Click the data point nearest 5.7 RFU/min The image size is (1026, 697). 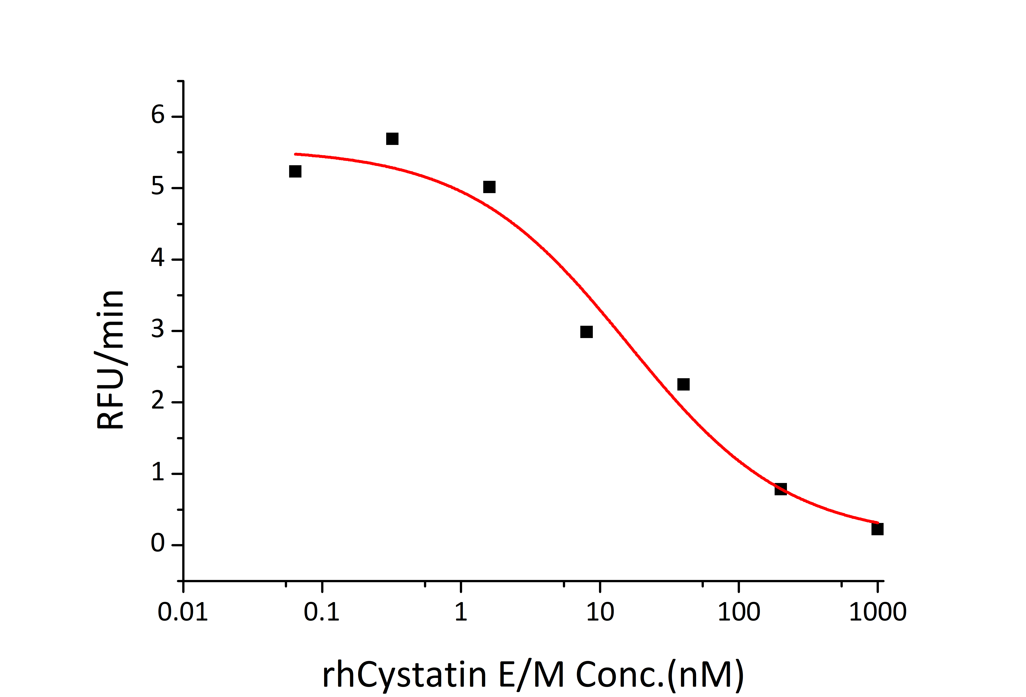pyautogui.click(x=392, y=139)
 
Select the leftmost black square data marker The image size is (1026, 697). pyautogui.click(x=295, y=171)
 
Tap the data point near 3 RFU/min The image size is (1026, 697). pyautogui.click(x=586, y=332)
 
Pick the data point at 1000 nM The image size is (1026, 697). pyautogui.click(x=877, y=529)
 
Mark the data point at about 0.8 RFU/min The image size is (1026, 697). pyautogui.click(x=781, y=489)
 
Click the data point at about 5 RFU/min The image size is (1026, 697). pyautogui.click(x=489, y=187)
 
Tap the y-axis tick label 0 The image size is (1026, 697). pyautogui.click(x=158, y=544)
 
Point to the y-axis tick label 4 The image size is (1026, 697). pyautogui.click(x=158, y=258)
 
